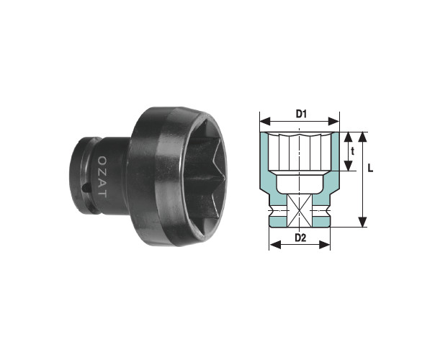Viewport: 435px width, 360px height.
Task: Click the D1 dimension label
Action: [301, 114]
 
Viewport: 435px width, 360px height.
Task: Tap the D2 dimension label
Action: [300, 238]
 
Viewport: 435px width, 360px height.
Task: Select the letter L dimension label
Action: [370, 168]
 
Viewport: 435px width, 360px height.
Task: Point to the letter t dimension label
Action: [353, 151]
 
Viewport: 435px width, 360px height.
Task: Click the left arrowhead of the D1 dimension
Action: [265, 121]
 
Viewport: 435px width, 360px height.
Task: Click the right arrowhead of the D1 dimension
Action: [333, 121]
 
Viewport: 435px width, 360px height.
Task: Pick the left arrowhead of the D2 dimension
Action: [275, 245]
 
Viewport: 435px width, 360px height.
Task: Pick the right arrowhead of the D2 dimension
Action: [325, 245]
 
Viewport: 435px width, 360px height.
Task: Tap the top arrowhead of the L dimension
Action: [362, 137]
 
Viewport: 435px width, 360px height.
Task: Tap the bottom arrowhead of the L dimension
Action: [362, 222]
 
